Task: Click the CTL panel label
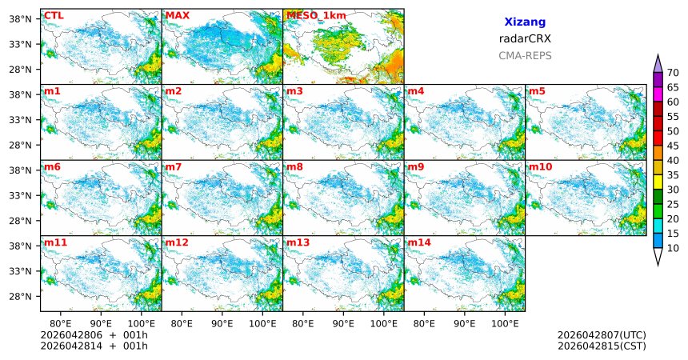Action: (54, 15)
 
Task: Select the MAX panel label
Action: (177, 15)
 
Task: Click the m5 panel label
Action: (537, 91)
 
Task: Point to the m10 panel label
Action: (540, 166)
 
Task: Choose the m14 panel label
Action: (418, 242)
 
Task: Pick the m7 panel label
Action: (174, 166)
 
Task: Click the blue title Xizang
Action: (525, 22)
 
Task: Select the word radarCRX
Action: (525, 38)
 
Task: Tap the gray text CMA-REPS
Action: (525, 56)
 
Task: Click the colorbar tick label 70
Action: (673, 72)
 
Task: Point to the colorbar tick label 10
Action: (673, 249)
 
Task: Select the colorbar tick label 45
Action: (673, 146)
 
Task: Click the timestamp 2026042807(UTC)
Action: (602, 334)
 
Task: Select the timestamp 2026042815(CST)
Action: (602, 346)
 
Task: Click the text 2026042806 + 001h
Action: (94, 334)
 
